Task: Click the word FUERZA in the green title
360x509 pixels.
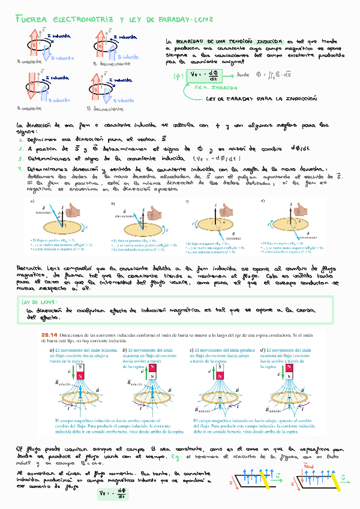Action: pos(31,20)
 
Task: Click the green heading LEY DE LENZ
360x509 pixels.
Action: pos(39,302)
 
